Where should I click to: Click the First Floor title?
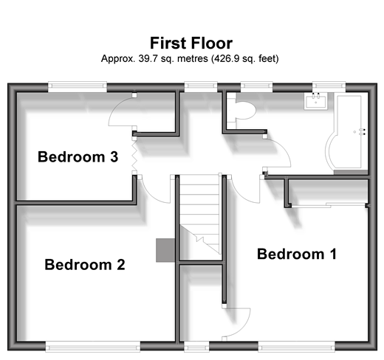pos(191,44)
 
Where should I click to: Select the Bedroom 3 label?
pos(78,156)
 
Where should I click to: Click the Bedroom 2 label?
pos(85,265)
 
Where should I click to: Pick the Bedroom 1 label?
pos(297,254)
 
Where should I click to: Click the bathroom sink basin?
pos(315,101)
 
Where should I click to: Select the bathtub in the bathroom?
pos(346,132)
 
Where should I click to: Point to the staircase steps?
pos(199,214)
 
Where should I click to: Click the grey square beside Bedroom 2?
pos(165,250)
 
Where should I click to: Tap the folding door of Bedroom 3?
pos(134,155)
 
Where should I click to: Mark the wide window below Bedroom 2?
pos(93,347)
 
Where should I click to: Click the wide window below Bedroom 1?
pos(297,347)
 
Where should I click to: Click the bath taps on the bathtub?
pos(363,132)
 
